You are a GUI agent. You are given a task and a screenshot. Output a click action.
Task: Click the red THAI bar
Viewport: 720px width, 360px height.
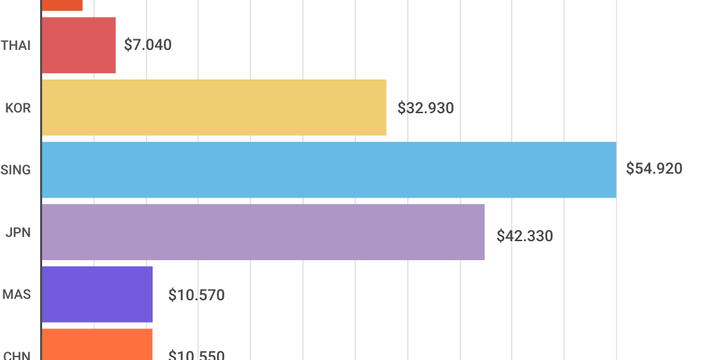pos(79,45)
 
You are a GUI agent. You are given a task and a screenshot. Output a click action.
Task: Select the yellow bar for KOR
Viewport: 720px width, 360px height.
pos(214,108)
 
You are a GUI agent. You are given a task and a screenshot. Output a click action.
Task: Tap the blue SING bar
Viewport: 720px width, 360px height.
pos(329,169)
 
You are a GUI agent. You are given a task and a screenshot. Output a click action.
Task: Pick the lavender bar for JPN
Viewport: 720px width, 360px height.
pos(263,232)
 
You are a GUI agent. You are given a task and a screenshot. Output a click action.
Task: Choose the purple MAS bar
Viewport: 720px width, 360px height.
pos(97,295)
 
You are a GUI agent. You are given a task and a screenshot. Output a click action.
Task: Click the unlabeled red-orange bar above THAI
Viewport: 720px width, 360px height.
pos(62,5)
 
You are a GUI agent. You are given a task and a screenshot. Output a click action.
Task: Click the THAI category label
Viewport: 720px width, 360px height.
pos(16,46)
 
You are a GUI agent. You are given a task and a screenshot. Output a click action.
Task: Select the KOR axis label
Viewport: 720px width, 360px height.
pos(18,108)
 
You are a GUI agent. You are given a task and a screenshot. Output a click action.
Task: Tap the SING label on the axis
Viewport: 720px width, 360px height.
pos(16,170)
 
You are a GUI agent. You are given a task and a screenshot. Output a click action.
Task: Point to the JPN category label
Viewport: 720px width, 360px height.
pos(18,233)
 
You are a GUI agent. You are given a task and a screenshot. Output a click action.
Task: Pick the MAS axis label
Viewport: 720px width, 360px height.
pos(17,295)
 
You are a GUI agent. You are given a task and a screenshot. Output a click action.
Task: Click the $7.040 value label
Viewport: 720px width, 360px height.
pos(148,45)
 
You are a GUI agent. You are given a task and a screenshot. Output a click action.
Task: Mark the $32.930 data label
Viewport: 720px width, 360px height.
pos(425,108)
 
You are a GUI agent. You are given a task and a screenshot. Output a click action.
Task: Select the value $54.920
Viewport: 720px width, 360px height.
pos(654,169)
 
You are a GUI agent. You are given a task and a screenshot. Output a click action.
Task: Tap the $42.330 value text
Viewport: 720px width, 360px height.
pos(525,236)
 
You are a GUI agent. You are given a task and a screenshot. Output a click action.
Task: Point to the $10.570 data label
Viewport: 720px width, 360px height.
pos(196,295)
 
